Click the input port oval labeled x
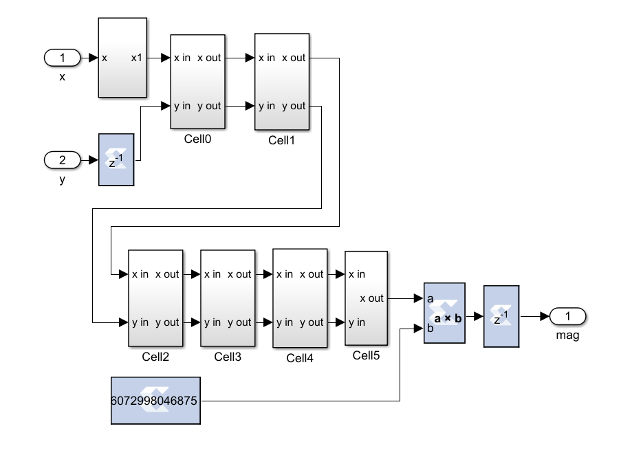point(63,58)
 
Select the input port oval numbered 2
point(63,160)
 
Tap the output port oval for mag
point(567,316)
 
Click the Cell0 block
point(197,81)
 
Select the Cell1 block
point(282,81)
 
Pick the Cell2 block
point(155,298)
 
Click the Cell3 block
point(228,298)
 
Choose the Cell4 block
point(300,298)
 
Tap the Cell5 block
point(366,298)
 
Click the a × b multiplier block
point(444,313)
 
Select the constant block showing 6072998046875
point(155,400)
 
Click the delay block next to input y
point(116,159)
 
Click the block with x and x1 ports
point(122,58)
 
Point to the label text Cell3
point(228,357)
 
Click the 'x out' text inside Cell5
point(371,298)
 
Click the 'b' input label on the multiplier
point(430,328)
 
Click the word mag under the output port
point(567,336)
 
